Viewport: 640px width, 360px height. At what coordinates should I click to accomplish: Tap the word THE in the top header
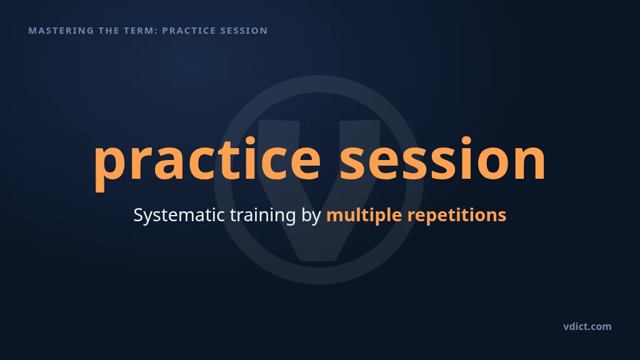[109, 31]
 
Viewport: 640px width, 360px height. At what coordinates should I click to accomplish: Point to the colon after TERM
[156, 31]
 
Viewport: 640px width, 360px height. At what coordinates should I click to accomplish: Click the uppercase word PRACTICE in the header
[189, 31]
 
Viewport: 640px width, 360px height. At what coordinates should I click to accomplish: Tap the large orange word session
[443, 159]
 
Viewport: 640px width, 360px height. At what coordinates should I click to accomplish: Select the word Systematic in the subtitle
[179, 215]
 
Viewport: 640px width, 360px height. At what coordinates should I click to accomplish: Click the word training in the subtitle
[263, 216]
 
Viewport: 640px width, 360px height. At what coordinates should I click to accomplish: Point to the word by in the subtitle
[311, 216]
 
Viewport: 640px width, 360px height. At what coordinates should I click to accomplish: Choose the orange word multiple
[364, 216]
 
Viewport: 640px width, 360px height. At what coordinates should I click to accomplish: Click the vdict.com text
[587, 326]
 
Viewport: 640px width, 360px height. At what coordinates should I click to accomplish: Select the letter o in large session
[490, 161]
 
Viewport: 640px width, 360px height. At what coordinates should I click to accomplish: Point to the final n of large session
[530, 161]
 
